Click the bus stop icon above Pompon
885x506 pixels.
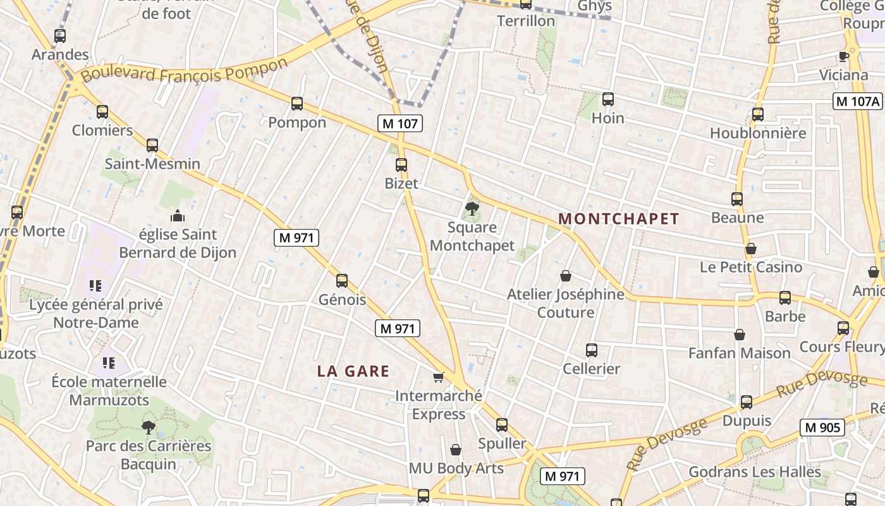coord(297,104)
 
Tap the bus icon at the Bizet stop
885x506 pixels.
coord(401,165)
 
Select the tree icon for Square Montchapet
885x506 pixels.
coord(472,208)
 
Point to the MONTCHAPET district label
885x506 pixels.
coord(619,219)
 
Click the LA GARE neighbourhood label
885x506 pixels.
coord(353,371)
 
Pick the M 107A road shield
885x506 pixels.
coord(857,101)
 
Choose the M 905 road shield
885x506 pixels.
coord(822,428)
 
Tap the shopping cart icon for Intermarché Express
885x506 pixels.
coord(438,378)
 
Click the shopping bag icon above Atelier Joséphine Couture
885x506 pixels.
coord(566,276)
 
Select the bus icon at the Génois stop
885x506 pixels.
coord(342,280)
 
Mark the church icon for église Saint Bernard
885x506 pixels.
coord(178,216)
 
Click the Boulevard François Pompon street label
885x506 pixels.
coord(185,71)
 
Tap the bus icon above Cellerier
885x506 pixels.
coord(592,350)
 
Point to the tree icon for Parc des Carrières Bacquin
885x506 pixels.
coord(149,427)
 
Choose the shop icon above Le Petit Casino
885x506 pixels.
coord(751,249)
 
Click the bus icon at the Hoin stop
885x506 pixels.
coord(608,99)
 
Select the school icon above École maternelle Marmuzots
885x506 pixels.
coord(109,363)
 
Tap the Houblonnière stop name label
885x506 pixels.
coord(758,133)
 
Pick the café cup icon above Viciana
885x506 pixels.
coord(843,56)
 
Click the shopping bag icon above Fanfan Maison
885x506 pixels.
coord(740,335)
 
